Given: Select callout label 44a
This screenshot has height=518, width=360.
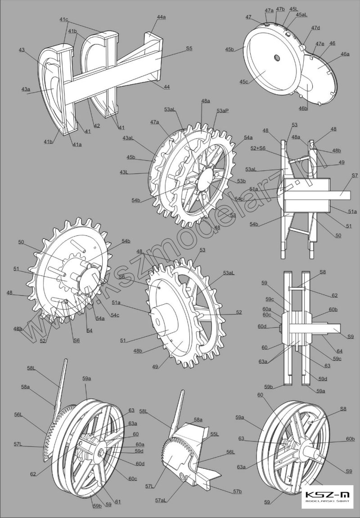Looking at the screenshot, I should point(161,17).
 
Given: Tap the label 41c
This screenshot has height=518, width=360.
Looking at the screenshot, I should point(63,19).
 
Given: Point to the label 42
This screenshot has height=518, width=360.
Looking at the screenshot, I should point(97,126).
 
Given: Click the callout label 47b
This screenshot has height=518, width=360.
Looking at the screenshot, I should point(280,9).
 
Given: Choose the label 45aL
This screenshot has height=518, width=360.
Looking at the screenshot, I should point(301,14).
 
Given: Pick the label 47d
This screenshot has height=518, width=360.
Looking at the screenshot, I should point(315,28).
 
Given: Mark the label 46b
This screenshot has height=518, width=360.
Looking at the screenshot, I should point(303,108).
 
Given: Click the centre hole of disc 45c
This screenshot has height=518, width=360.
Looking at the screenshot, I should point(276,58).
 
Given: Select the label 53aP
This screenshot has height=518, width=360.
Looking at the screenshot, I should point(222,110).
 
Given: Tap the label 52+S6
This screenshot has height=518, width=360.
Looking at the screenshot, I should point(258,148).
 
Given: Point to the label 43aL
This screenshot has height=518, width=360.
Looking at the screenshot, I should point(127,138).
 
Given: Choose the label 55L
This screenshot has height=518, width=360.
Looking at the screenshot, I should point(215,434).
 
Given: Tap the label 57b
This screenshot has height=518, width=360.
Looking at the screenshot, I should point(238,491).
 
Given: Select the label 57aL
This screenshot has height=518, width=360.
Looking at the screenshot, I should point(162,500).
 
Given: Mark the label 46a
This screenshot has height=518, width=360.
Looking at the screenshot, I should point(345,54).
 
